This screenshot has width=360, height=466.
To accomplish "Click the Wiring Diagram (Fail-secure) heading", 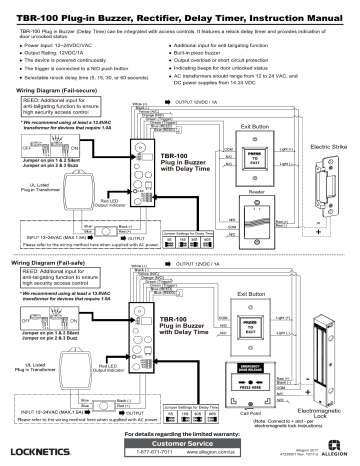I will [x=54, y=89].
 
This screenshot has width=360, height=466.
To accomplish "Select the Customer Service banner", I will [x=181, y=441].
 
